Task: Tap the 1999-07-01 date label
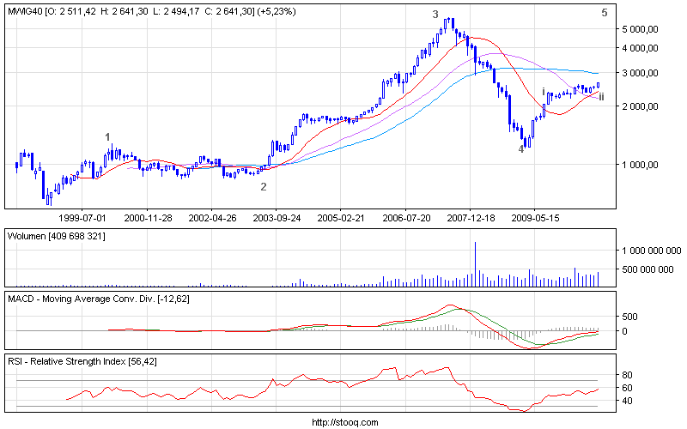point(82,218)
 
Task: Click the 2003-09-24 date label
point(276,218)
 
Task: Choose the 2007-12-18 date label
point(470,218)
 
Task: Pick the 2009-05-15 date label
point(535,218)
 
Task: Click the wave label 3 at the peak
point(435,14)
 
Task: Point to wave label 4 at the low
point(520,149)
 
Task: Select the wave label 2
point(264,186)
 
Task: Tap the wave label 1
point(107,136)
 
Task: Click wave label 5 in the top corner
point(605,12)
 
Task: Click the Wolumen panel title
point(28,235)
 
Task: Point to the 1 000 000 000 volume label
point(646,250)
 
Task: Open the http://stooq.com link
point(343,422)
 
